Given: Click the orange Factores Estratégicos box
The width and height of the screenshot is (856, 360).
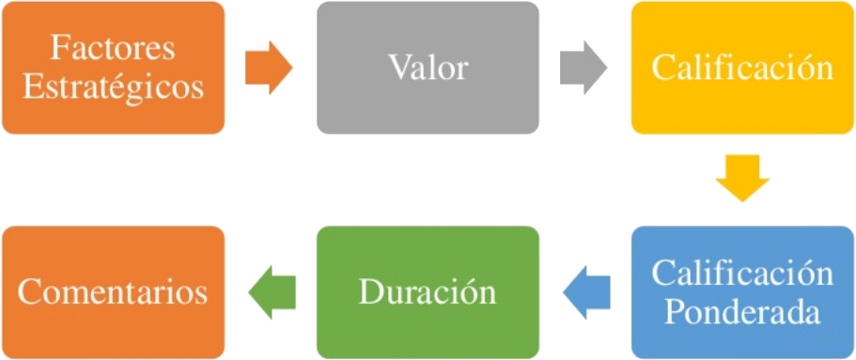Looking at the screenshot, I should coord(113,68).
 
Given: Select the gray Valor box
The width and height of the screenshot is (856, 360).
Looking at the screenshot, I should coord(428,68).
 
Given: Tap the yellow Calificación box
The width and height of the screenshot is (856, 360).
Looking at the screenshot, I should coord(742,68).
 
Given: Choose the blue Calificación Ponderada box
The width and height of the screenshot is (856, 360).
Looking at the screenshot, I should coord(742,292).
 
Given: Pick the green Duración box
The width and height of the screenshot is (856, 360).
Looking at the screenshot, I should coord(428,292).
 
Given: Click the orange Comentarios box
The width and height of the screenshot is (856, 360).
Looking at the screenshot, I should coord(113,292).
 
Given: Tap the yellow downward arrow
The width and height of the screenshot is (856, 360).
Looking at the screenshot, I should coord(742,179).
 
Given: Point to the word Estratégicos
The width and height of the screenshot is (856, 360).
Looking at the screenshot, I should coord(113,86).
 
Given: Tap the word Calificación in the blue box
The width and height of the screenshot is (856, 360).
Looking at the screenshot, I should coord(742,274).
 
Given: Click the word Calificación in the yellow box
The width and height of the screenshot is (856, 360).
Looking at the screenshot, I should coord(742,68).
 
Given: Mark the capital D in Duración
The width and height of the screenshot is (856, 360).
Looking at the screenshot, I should coord(369,291).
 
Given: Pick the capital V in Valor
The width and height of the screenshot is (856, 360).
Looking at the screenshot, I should coord(397,68).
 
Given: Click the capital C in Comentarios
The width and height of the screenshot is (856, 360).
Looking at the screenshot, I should coord(29,291).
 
